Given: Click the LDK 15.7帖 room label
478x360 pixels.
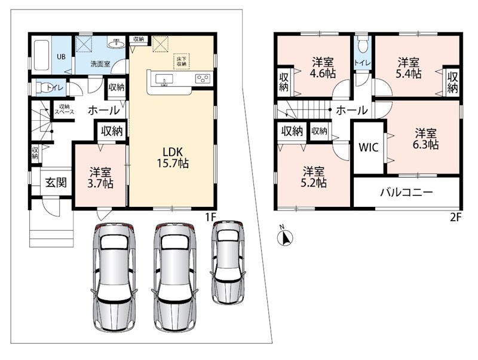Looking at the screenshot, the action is (173, 158).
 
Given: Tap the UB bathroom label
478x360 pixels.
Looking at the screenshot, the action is (62, 57).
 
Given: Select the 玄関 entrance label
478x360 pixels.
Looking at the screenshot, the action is (56, 182).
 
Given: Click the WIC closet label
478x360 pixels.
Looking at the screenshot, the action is (368, 147).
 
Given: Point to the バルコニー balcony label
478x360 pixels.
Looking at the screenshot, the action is (406, 192).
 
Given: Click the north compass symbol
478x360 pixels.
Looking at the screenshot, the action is (286, 236).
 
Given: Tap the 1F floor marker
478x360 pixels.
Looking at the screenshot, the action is (210, 217).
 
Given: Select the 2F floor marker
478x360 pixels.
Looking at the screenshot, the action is (456, 217).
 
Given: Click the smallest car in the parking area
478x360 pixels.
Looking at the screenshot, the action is (228, 262).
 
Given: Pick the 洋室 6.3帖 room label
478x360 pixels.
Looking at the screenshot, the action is (425, 139).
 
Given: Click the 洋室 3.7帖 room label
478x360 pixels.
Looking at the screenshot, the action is (100, 178).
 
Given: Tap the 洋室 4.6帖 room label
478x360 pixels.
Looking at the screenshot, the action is (323, 68).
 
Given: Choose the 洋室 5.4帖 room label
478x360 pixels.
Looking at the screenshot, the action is (408, 68).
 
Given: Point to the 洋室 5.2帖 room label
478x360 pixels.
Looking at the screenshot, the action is (313, 177).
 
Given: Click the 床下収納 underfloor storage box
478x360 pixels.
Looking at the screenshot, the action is (182, 62).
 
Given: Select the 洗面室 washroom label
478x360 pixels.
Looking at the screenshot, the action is (100, 65).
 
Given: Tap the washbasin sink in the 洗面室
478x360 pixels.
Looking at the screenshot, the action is (116, 43).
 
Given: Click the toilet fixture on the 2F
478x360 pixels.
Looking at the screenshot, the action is (363, 45).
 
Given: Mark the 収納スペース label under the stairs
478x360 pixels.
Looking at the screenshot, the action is (65, 109).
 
